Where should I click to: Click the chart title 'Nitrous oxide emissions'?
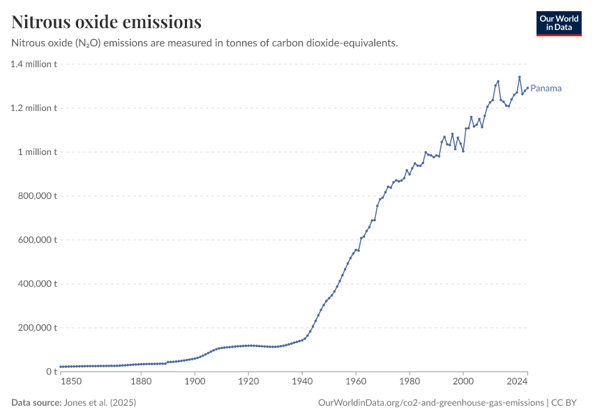coord(107,22)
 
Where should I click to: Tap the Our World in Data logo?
coord(559,23)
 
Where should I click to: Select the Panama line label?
coord(546,89)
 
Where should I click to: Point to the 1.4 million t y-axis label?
coord(33,64)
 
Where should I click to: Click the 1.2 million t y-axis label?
coord(33,108)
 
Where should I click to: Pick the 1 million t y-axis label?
coord(38,152)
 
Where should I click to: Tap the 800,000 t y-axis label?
coord(38,196)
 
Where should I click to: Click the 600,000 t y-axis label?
coord(38,240)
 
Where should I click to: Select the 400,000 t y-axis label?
coord(38,284)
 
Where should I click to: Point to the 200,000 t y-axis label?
coord(38,328)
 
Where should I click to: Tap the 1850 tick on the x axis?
coord(71,382)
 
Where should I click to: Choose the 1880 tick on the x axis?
coord(141,382)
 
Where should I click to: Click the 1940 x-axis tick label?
coord(302,382)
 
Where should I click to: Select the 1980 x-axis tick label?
coord(410,382)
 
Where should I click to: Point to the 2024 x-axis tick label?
coord(517,382)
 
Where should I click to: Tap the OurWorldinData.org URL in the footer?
coord(430,403)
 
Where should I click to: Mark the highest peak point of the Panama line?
coord(519,77)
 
